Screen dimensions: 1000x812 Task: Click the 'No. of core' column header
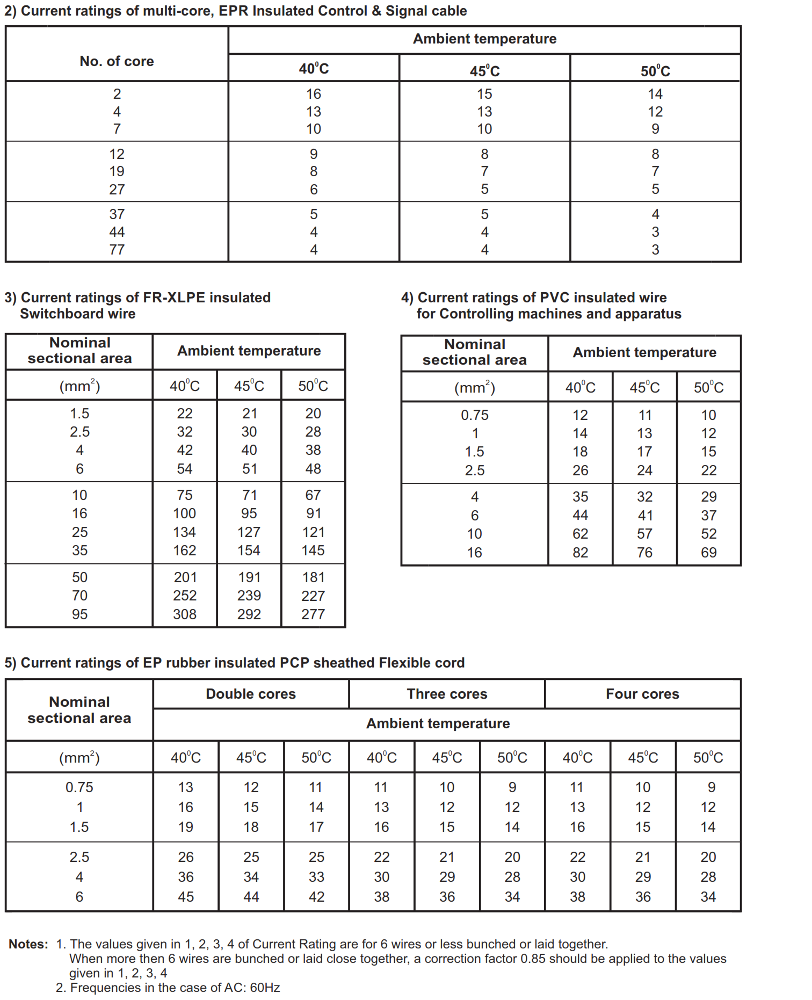click(117, 61)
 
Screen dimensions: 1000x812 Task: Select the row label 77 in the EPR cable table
click(117, 250)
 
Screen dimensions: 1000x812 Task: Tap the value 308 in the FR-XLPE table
click(185, 614)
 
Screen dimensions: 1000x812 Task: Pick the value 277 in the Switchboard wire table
click(313, 614)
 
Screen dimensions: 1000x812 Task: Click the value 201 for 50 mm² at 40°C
click(185, 577)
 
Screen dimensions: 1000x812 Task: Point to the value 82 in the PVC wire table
click(580, 553)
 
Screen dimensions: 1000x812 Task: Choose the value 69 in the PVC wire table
click(708, 553)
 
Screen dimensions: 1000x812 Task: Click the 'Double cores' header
click(251, 694)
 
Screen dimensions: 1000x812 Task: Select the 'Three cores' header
click(447, 694)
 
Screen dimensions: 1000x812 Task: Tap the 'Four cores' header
click(642, 694)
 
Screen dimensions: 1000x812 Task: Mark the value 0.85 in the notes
click(533, 959)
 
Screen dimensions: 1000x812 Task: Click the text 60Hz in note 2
click(265, 988)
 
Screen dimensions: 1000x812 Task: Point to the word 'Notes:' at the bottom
click(28, 944)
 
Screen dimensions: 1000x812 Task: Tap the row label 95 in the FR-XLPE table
click(79, 614)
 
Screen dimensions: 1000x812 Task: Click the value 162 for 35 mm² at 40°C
click(185, 550)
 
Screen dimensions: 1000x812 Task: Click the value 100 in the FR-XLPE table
click(185, 513)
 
